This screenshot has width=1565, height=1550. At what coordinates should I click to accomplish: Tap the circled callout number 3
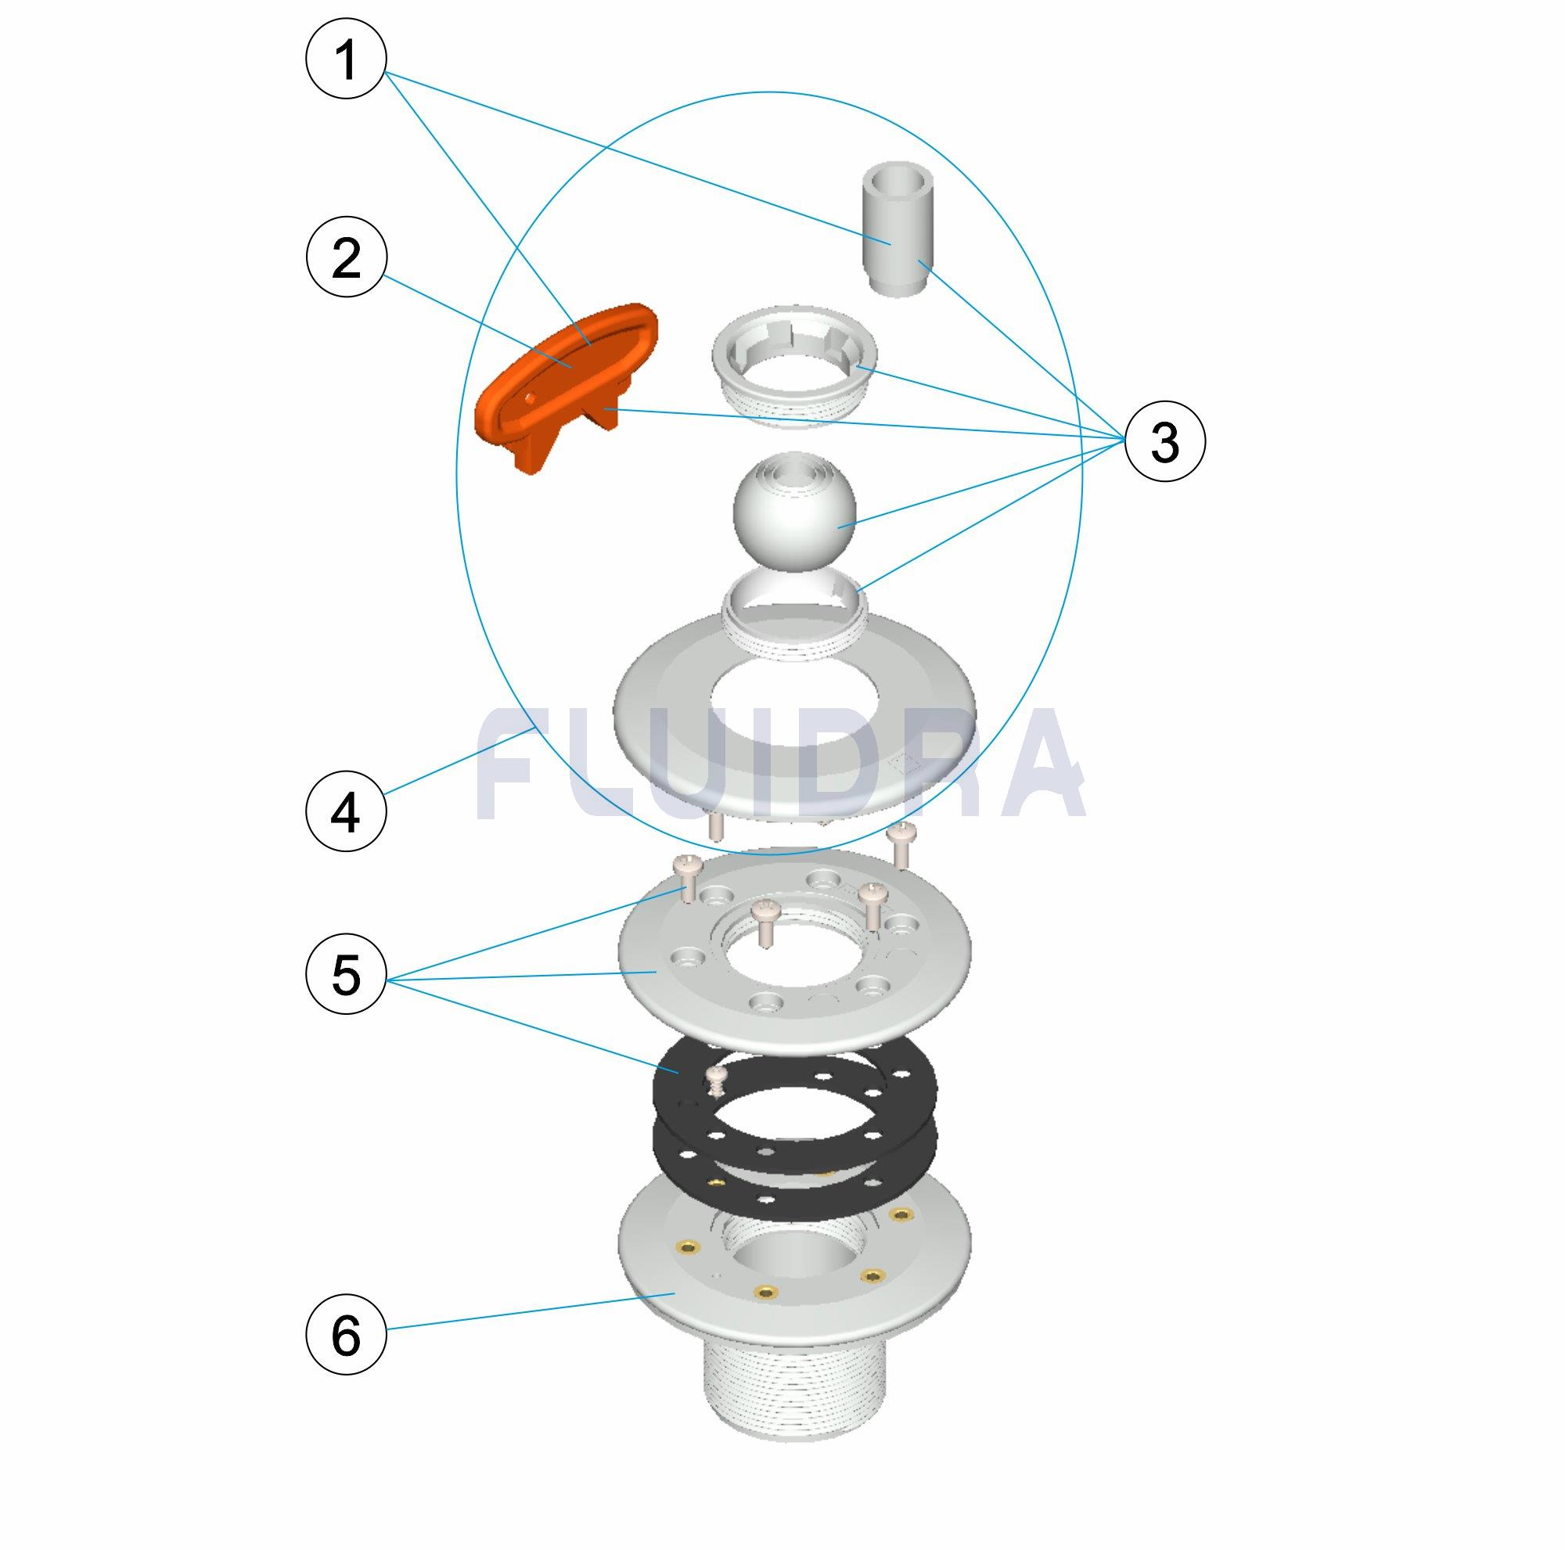point(1165,442)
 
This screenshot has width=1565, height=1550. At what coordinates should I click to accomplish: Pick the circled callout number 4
point(346,812)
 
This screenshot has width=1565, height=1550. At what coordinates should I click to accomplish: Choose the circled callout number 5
point(346,975)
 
